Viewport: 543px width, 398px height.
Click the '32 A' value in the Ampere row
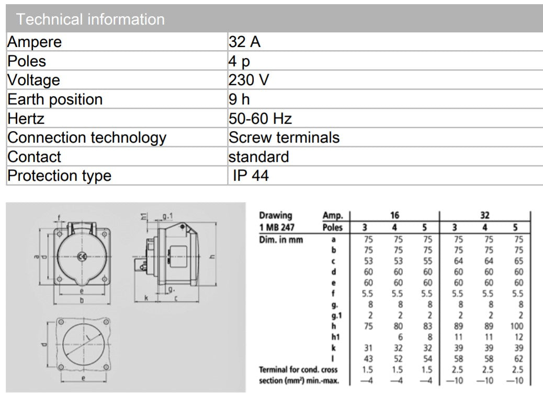(244, 42)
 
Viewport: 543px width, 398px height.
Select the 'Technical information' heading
(90, 19)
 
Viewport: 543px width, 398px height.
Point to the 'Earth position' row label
(55, 99)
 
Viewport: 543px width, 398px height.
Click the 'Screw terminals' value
(284, 137)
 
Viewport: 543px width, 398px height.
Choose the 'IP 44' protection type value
(251, 175)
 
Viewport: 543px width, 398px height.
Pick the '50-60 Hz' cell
(260, 119)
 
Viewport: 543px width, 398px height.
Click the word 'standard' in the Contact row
(258, 157)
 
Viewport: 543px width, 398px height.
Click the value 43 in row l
(367, 359)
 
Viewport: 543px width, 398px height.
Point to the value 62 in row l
(517, 359)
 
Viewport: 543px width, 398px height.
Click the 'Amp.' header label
(333, 215)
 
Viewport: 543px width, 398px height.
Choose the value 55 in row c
(427, 261)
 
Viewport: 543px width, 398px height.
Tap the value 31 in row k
(367, 348)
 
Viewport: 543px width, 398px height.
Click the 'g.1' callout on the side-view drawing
(168, 215)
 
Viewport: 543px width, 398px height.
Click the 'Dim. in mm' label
(281, 239)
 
